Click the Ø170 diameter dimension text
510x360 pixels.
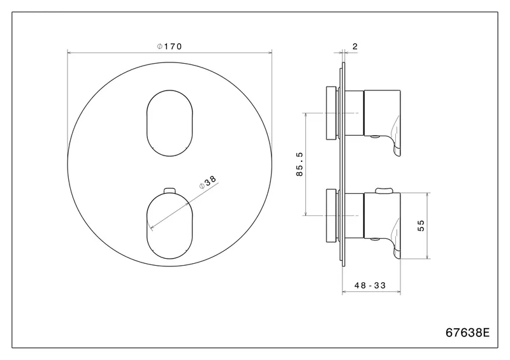click(170, 47)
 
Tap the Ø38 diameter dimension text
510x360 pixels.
click(208, 182)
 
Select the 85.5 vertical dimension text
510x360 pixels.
click(300, 164)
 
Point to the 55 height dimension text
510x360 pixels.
click(421, 226)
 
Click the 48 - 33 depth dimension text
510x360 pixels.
click(370, 285)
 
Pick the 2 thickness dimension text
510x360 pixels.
click(355, 47)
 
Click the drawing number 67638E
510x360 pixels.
click(467, 333)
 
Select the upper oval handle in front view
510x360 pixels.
click(170, 123)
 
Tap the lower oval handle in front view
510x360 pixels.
click(170, 226)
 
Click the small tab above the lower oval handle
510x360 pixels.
click(170, 191)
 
